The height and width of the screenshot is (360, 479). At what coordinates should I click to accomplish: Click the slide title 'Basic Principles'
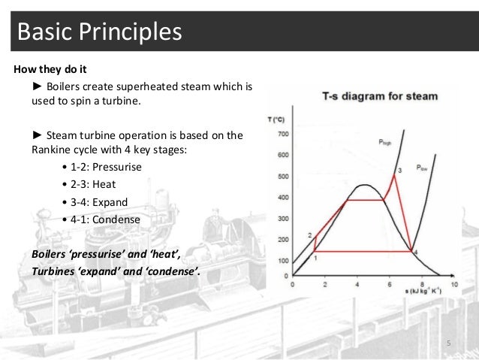pyautogui.click(x=98, y=32)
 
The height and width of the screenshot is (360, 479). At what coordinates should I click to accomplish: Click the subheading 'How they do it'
pyautogui.click(x=50, y=72)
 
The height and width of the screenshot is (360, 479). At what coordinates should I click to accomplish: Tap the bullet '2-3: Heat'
pyautogui.click(x=95, y=183)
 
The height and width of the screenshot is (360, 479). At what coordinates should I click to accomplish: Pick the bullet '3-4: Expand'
pyautogui.click(x=101, y=202)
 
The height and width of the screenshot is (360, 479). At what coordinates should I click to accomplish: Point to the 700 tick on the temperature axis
pyautogui.click(x=282, y=135)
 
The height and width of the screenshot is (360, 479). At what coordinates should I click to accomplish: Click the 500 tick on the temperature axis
pyautogui.click(x=282, y=177)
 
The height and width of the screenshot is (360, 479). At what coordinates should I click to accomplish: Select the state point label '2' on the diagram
pyautogui.click(x=310, y=235)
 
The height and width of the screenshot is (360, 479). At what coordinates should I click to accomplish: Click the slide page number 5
pyautogui.click(x=448, y=343)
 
